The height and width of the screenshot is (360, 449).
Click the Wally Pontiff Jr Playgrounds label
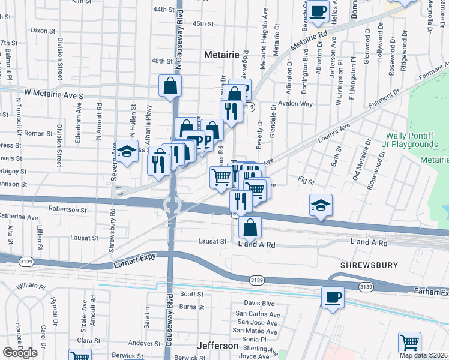pos(411,140)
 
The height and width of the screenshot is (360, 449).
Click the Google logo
pos(20,353)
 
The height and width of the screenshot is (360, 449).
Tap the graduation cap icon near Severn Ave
pos(127,152)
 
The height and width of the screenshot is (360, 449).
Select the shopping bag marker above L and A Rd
pos(250,227)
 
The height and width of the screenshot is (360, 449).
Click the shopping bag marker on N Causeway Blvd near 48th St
pos(170,85)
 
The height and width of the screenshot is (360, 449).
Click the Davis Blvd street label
pos(259,304)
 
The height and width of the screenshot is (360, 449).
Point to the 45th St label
pos(203,23)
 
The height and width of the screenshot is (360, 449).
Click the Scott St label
pos(192,295)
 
